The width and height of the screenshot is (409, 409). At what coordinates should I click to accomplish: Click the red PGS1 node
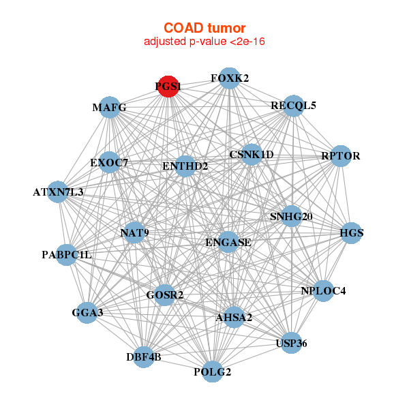[x=168, y=87]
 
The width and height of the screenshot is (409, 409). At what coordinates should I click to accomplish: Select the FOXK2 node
[x=230, y=78]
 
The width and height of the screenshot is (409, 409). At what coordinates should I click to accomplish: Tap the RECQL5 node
[x=293, y=106]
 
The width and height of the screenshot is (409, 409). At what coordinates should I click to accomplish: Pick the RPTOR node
[x=340, y=156]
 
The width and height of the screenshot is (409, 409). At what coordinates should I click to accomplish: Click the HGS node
[x=352, y=233]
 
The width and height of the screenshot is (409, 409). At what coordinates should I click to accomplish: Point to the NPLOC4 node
[x=323, y=291]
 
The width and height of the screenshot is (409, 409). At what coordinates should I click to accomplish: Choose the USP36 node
[x=291, y=343]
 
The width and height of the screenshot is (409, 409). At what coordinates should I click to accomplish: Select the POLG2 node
[x=213, y=372]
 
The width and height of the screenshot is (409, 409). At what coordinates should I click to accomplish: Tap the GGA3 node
[x=87, y=313]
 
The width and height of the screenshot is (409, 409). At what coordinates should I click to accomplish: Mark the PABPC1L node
[x=67, y=255]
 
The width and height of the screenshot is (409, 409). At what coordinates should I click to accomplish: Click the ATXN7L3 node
[x=58, y=192]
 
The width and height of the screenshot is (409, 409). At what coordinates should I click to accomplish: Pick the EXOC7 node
[x=109, y=162]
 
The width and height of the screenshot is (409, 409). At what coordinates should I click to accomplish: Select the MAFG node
[x=110, y=108]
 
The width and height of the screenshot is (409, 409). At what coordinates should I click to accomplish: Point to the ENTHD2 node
[x=185, y=166]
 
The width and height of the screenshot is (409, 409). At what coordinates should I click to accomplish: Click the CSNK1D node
[x=252, y=155]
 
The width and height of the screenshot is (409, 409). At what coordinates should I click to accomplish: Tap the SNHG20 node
[x=291, y=217]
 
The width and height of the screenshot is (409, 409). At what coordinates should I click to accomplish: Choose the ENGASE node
[x=228, y=242]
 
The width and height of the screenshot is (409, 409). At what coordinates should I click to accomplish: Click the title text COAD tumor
[x=204, y=28]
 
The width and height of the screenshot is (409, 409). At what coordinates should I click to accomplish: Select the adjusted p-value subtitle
[x=204, y=42]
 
